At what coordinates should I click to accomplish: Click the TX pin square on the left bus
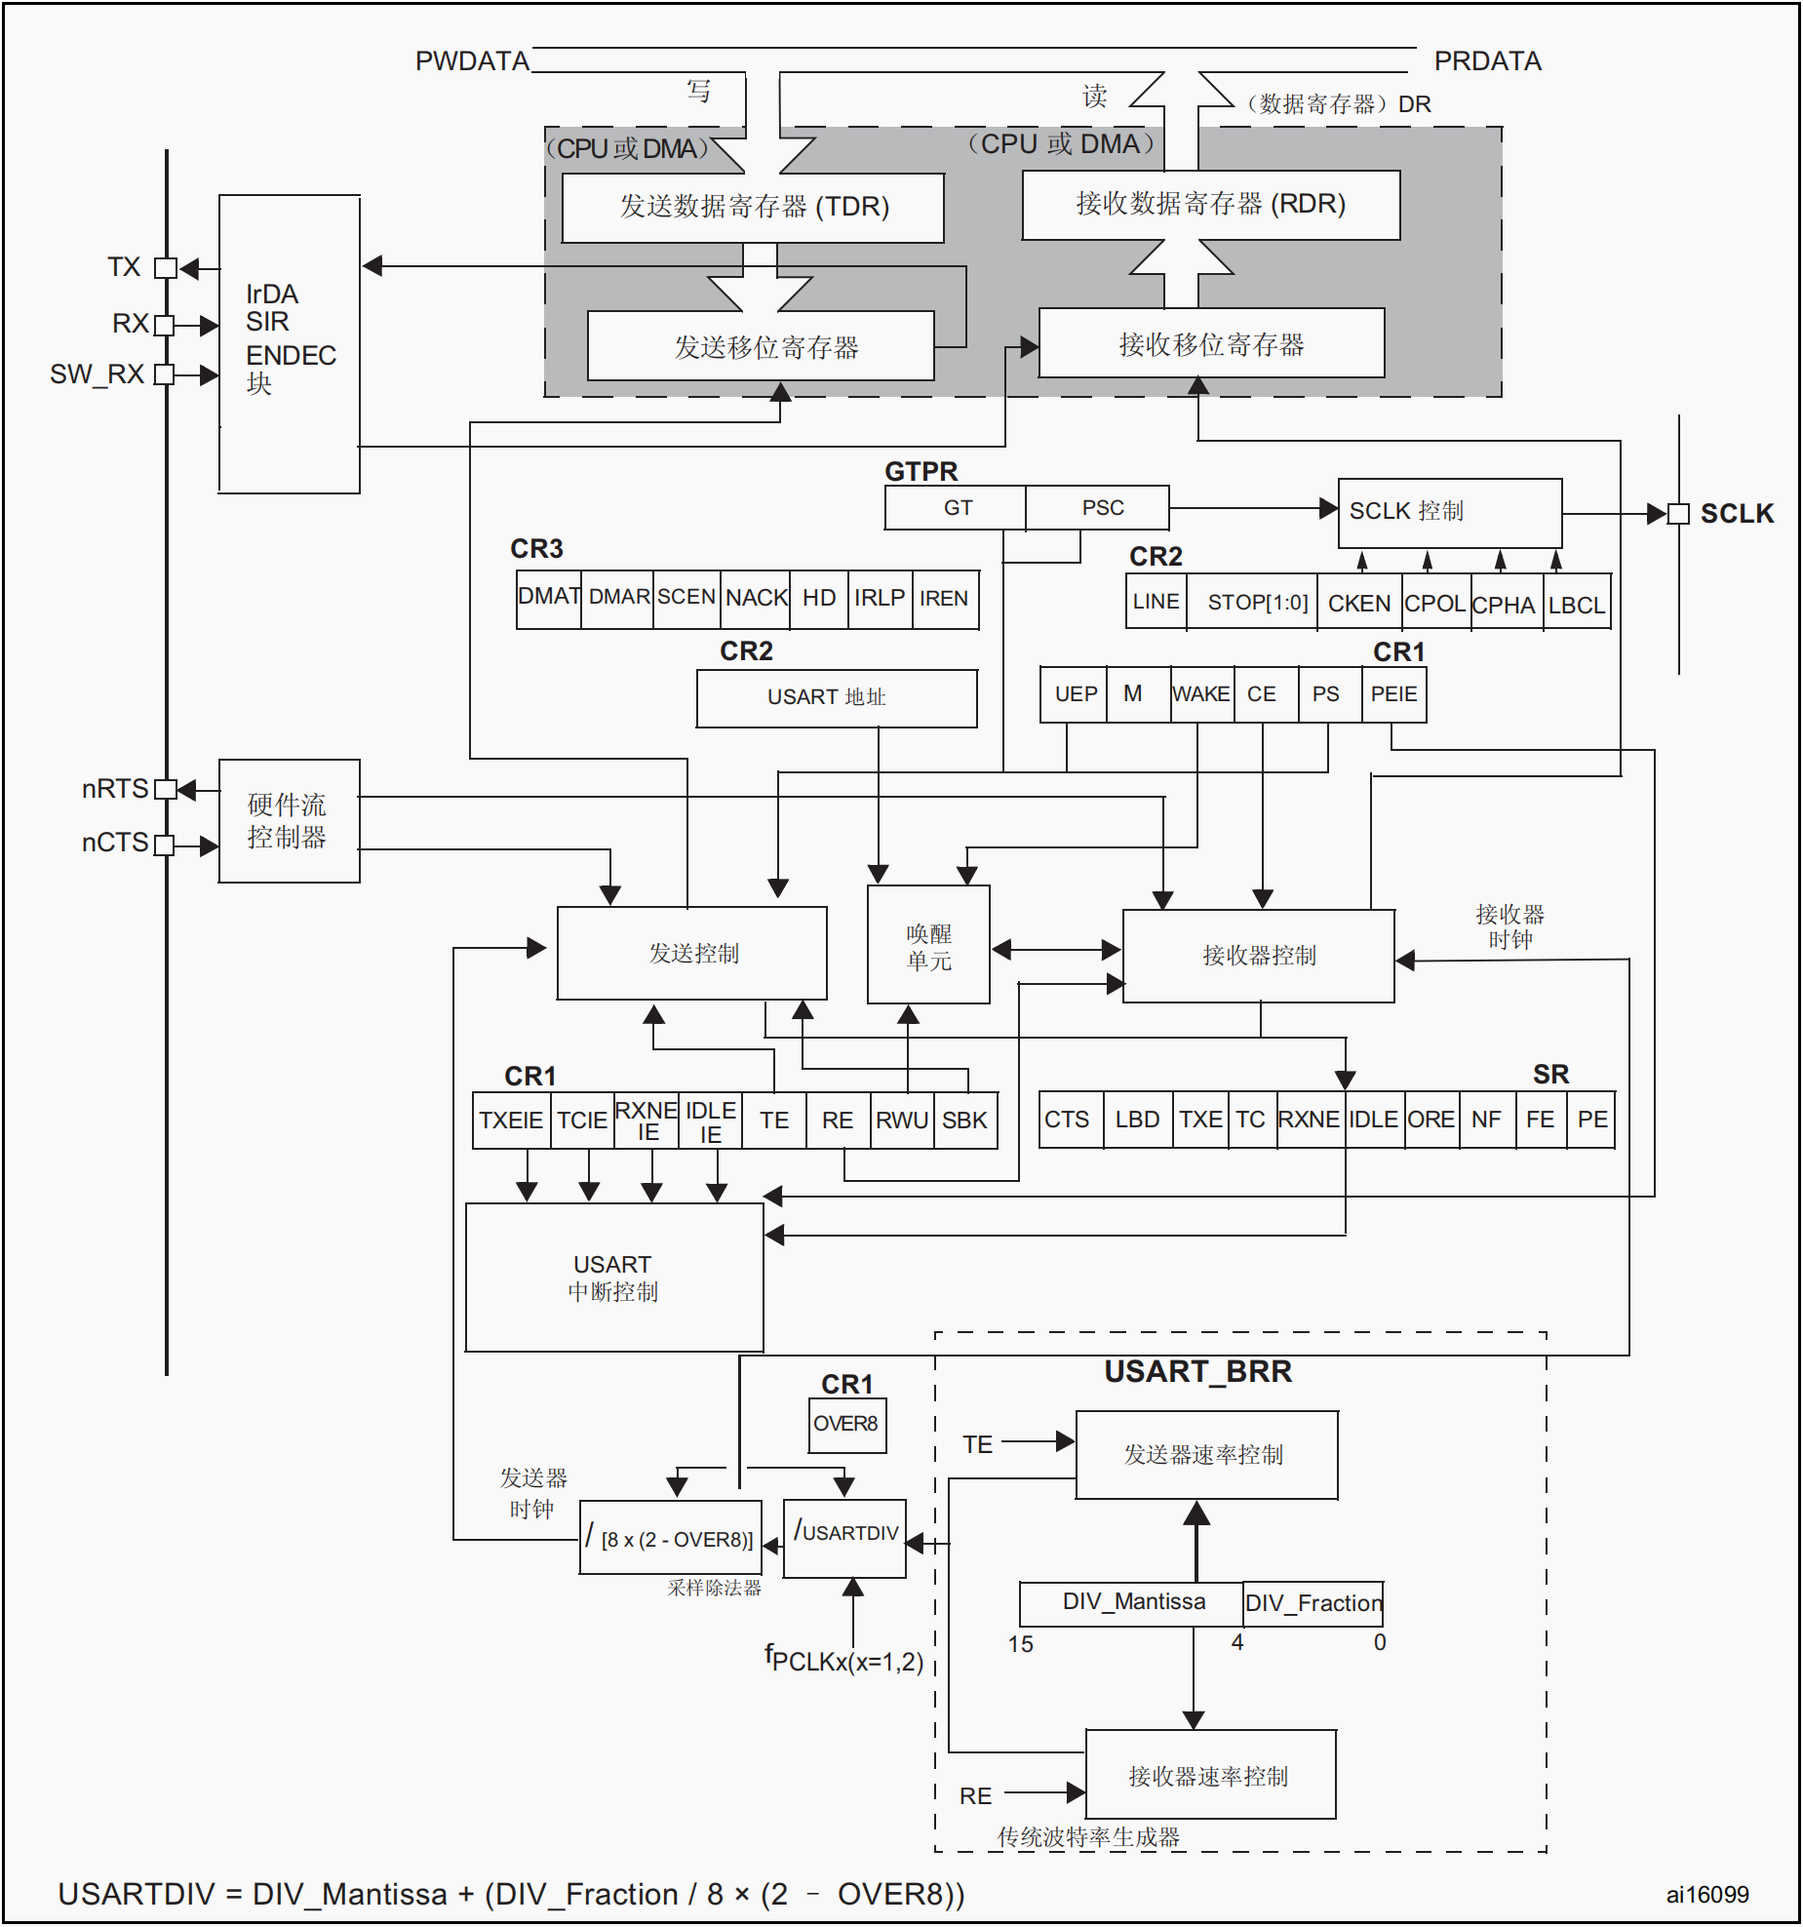click(x=166, y=267)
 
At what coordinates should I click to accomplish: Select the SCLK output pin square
click(x=1677, y=513)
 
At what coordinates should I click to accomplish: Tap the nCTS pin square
click(x=164, y=845)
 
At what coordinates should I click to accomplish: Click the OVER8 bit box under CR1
click(x=846, y=1425)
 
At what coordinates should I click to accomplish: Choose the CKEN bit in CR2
click(x=1359, y=603)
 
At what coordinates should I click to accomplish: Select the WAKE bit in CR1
click(x=1201, y=694)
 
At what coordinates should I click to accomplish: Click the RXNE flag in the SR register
click(x=1310, y=1120)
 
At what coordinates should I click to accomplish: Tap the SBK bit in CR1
click(x=964, y=1121)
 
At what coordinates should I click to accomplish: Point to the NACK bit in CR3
click(x=757, y=598)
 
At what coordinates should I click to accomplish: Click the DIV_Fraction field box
click(x=1313, y=1603)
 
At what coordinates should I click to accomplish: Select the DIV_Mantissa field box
click(x=1131, y=1603)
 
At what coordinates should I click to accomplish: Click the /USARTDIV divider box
click(x=845, y=1538)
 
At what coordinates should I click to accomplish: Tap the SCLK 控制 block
click(x=1450, y=513)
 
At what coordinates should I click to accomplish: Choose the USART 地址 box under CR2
click(x=837, y=698)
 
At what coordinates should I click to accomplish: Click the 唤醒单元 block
click(x=928, y=944)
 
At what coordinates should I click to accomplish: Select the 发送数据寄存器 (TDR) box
click(x=753, y=208)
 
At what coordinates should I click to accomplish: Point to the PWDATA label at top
click(x=472, y=61)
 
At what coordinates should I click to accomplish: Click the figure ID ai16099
click(x=1707, y=1894)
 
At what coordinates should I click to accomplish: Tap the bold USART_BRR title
click(x=1197, y=1372)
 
